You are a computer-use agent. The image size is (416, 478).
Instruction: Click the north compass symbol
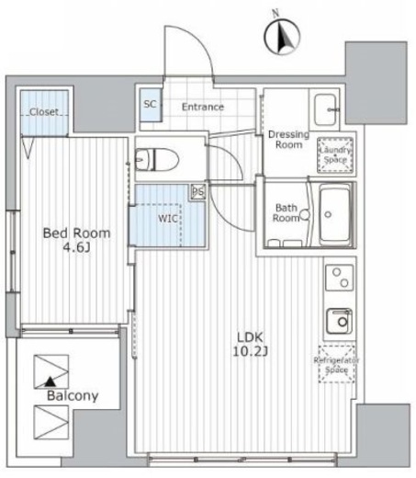(282, 36)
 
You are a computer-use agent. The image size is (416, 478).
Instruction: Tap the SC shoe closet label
(150, 104)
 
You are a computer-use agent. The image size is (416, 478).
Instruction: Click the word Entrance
(203, 107)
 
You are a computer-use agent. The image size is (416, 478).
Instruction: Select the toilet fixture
(157, 159)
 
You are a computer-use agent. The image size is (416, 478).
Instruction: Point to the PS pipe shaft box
(198, 192)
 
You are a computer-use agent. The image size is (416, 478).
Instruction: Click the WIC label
(168, 219)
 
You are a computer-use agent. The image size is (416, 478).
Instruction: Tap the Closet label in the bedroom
(44, 112)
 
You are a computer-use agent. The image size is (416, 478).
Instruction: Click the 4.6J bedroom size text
(76, 247)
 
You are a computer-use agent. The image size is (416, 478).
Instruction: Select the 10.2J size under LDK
(251, 352)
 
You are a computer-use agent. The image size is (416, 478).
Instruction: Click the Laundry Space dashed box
(335, 155)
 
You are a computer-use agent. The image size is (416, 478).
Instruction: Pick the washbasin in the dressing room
(326, 109)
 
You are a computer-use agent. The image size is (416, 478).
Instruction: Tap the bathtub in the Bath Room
(335, 214)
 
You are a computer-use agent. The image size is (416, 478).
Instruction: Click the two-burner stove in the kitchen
(340, 278)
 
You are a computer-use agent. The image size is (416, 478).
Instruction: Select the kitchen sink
(339, 321)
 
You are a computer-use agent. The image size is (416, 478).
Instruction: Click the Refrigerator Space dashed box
(337, 364)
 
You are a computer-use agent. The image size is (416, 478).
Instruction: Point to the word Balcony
(73, 396)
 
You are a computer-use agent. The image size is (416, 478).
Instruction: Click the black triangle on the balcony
(51, 381)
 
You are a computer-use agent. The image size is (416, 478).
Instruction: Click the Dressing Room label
(288, 140)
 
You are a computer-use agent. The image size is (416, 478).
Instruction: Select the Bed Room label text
(76, 233)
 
